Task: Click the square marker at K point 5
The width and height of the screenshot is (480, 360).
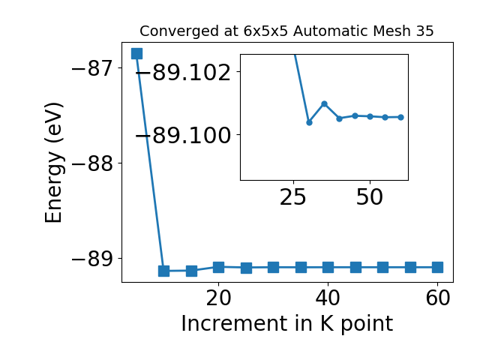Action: [136, 53]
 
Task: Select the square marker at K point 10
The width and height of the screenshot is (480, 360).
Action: [163, 271]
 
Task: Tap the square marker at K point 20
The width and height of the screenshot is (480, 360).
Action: [218, 267]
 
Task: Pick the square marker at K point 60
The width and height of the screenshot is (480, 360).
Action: [438, 267]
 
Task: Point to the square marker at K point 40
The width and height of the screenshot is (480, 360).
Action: [328, 267]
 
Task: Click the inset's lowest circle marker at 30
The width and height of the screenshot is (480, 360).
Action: [309, 122]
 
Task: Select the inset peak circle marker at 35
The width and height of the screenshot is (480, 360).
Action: [325, 103]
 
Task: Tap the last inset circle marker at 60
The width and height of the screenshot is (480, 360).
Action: [400, 117]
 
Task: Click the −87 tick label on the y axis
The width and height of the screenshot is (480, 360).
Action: [91, 68]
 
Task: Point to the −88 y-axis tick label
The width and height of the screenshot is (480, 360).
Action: [91, 163]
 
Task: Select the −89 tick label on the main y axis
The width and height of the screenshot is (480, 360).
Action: [91, 259]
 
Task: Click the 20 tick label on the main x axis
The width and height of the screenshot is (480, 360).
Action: [218, 298]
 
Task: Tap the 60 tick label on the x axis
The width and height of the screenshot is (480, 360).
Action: [438, 298]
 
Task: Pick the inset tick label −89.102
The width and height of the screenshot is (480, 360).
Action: [183, 73]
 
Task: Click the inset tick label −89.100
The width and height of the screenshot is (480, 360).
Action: [183, 135]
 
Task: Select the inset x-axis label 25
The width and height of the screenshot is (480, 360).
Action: [293, 196]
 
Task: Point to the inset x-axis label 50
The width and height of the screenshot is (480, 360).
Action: [370, 196]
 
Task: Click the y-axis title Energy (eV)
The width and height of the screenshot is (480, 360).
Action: [54, 163]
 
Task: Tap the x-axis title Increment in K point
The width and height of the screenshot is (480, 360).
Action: [287, 323]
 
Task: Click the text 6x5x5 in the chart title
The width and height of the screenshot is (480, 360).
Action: [265, 31]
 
